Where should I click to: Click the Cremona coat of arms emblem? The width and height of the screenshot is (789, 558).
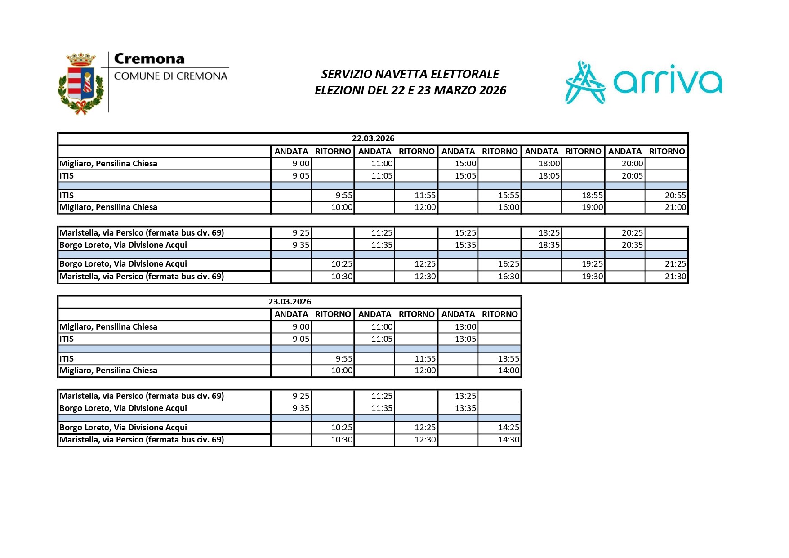pos(81,83)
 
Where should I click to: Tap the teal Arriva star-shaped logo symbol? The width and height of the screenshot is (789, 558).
pos(585,83)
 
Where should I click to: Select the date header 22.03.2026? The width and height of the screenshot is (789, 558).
pos(373,138)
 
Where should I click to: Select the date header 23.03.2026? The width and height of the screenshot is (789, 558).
pos(290,302)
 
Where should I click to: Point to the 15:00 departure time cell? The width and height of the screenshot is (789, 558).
pos(465,164)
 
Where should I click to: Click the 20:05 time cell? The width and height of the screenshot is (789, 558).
pos(632,176)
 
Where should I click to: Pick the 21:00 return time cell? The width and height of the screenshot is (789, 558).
pos(675,207)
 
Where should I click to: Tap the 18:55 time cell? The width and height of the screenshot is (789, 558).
pos(592,196)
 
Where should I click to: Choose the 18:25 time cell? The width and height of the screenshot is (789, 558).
pos(549,233)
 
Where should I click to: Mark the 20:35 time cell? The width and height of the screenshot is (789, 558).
pos(632,245)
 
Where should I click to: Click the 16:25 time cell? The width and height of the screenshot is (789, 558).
pos(508,264)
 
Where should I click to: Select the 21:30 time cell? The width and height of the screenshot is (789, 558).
pos(675,277)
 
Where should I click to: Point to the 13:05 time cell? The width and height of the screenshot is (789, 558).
pos(465,339)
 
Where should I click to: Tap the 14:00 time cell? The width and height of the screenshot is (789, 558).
pos(508,371)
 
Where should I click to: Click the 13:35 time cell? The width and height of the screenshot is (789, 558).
pos(465,408)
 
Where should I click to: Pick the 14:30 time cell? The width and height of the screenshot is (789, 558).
pos(508,440)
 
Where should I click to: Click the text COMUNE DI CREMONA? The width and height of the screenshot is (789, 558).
pos(170,76)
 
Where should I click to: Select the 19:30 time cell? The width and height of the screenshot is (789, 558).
pos(592,277)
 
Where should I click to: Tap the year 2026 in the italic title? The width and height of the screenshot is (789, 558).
pos(492,90)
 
